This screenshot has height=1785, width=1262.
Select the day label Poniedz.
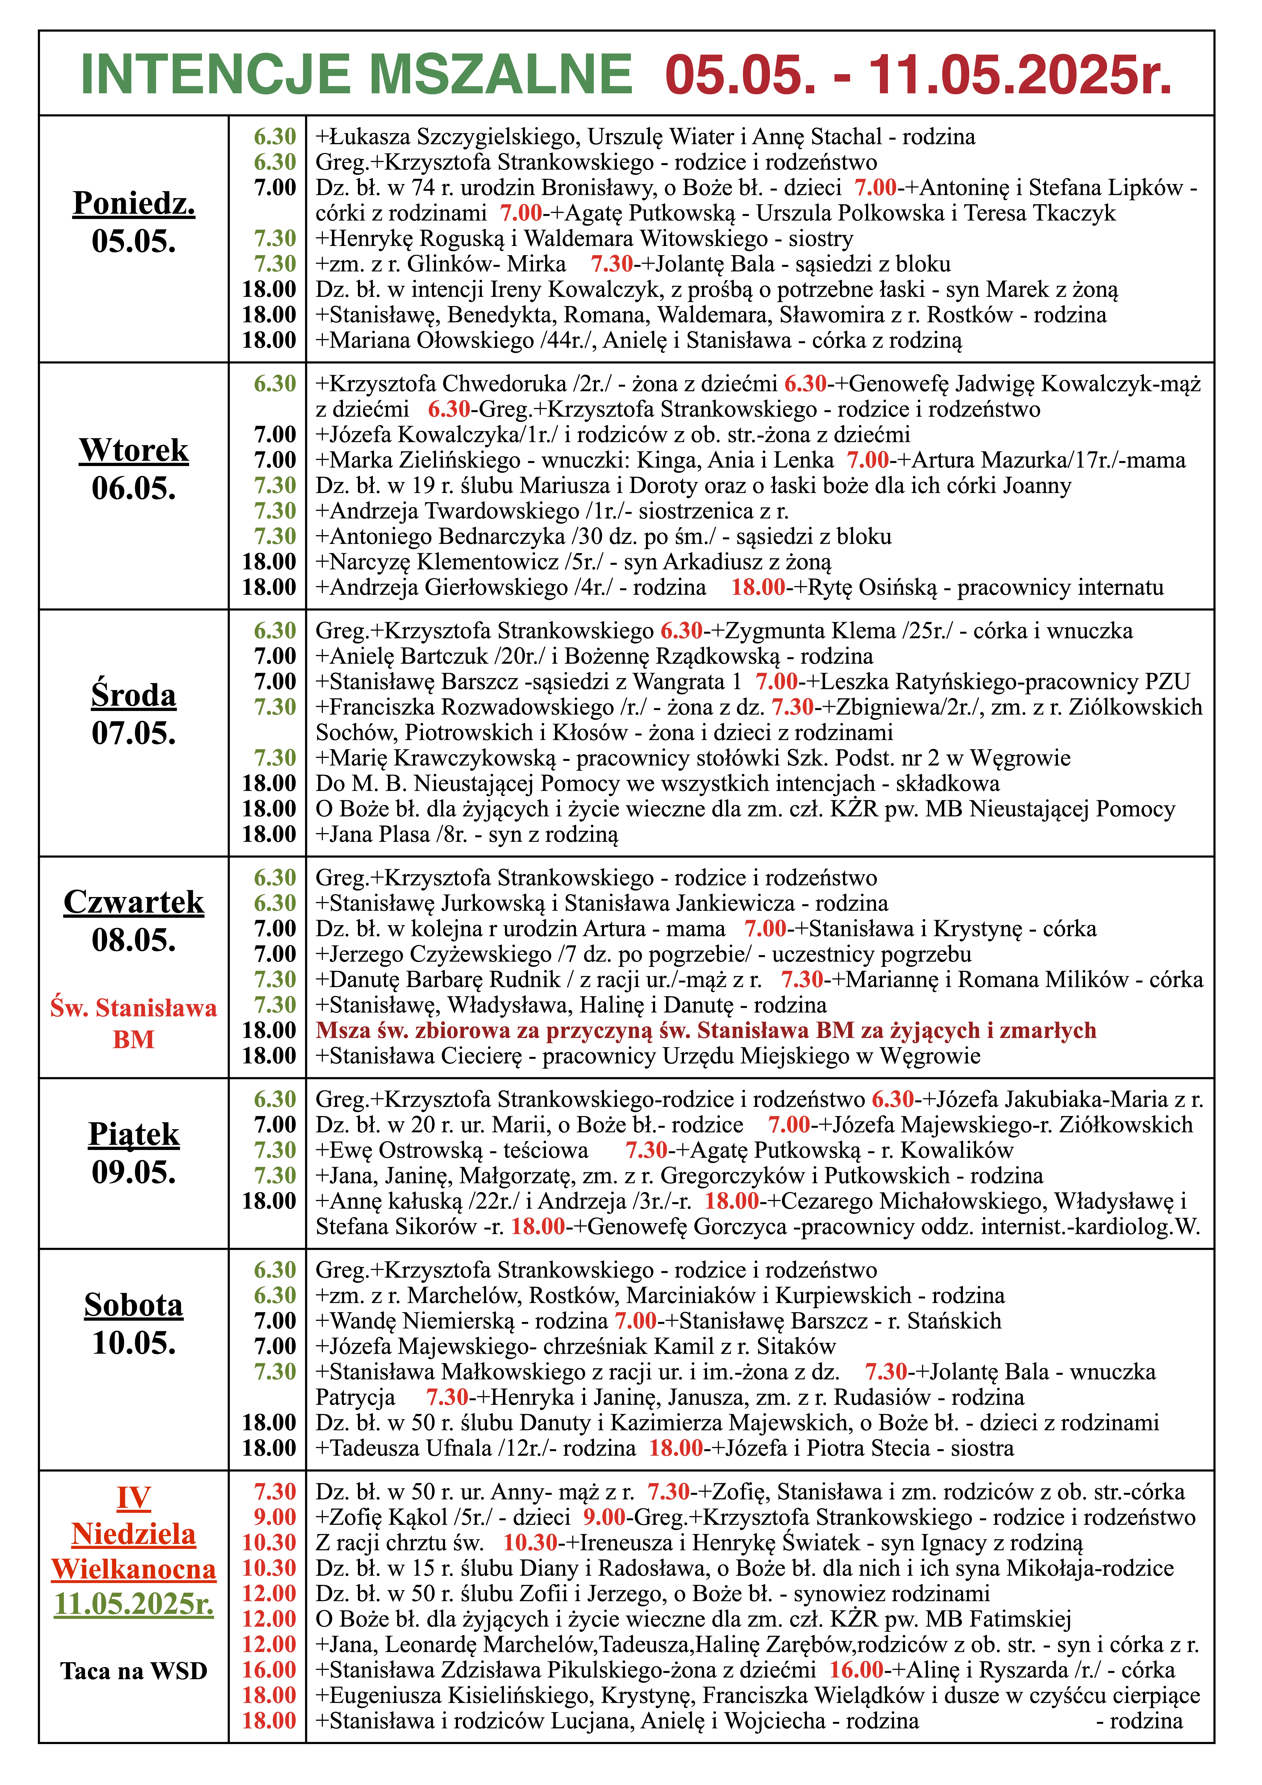coord(134,204)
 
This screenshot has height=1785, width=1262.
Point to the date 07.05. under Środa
coord(134,733)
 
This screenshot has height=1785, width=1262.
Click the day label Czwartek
coord(134,902)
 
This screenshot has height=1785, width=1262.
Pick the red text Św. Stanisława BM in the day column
coord(134,1023)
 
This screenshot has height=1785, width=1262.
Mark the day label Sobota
coord(134,1305)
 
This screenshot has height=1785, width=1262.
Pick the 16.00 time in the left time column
coord(269,1670)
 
